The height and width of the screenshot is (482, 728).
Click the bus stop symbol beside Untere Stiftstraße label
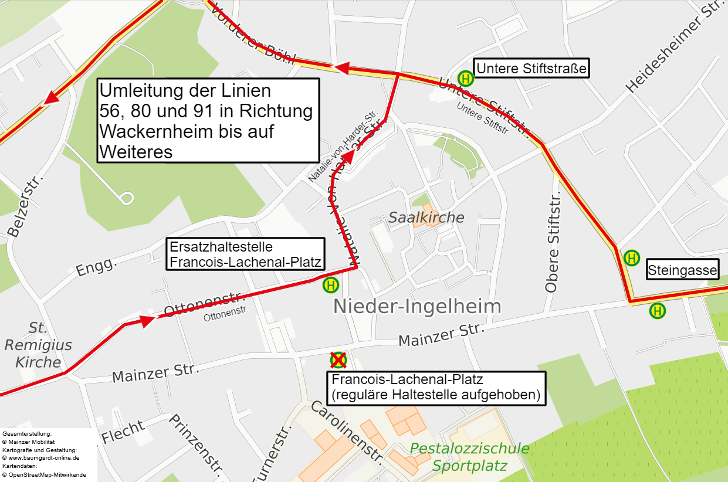tap(466, 78)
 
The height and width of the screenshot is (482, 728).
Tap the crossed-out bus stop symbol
tap(338, 359)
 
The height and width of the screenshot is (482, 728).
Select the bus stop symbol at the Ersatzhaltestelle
tap(331, 286)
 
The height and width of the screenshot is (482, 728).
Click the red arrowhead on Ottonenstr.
tap(147, 320)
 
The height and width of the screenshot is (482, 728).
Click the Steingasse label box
tap(682, 270)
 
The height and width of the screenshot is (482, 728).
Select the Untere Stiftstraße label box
tap(531, 69)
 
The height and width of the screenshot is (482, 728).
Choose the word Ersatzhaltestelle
tap(221, 247)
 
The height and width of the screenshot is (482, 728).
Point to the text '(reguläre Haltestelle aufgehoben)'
tap(435, 395)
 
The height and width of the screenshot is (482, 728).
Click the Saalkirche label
tap(426, 218)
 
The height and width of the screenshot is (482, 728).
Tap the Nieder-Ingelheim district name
tap(417, 306)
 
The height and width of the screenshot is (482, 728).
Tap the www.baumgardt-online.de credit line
tap(40, 458)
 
